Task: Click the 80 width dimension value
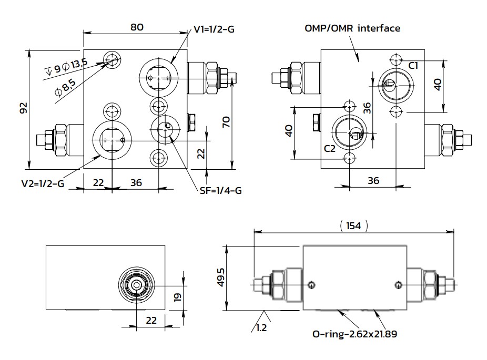pos(137,27)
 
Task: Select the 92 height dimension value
pos(24,108)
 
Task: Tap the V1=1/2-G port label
pos(214,29)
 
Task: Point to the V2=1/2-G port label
pos(43,184)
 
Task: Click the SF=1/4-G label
pos(220,190)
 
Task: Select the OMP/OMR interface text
pos(352,28)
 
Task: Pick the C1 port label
pos(413,66)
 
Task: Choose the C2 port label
pos(330,149)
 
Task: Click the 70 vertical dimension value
pos(227,122)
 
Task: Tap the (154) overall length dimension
pos(353,225)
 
